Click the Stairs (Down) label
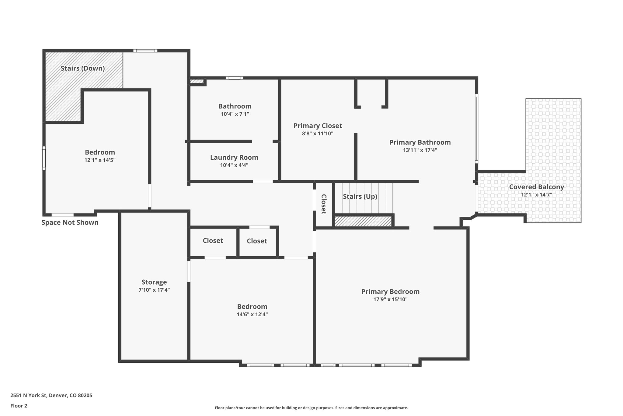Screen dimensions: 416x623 83,68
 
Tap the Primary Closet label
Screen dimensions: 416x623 318,126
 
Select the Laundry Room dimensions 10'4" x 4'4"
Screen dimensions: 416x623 234,165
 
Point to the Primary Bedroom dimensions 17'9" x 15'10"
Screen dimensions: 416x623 390,299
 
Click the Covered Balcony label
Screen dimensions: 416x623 536,187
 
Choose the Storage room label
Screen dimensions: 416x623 154,282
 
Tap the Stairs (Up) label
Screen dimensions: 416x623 360,197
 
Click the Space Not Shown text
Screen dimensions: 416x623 70,222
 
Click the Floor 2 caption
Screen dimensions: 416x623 19,406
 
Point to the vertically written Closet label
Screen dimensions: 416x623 324,204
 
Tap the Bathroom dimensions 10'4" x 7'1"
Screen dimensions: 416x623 235,114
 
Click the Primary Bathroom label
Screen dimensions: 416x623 420,142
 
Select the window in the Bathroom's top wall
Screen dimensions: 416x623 234,78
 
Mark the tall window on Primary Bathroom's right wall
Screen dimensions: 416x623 476,128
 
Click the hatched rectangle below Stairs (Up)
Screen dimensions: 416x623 363,221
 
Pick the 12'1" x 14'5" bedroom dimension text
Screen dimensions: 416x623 100,160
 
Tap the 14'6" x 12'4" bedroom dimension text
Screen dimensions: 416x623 252,314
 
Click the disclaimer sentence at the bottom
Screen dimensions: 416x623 311,408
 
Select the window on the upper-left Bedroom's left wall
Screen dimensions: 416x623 44,158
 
